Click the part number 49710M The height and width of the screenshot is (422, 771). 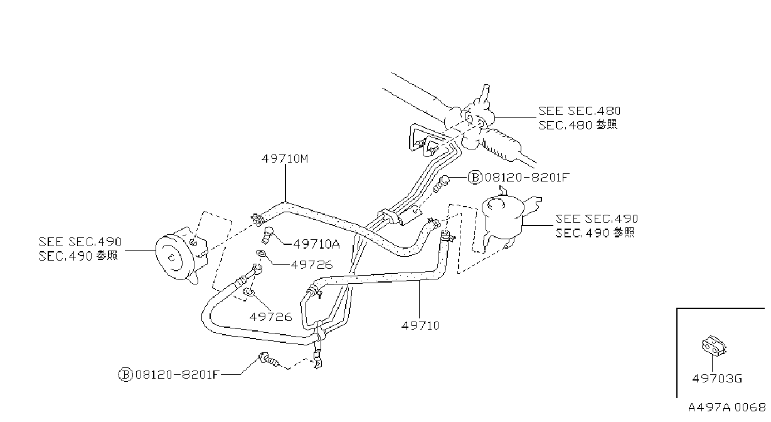click(x=285, y=159)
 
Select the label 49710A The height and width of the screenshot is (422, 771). click(x=316, y=244)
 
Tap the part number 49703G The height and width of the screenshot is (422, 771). click(x=717, y=379)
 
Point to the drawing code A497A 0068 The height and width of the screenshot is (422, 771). click(x=726, y=408)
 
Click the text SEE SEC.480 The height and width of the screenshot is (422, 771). click(x=579, y=111)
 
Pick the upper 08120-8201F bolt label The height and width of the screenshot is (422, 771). click(x=527, y=178)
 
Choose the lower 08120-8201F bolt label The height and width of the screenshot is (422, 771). click(x=178, y=374)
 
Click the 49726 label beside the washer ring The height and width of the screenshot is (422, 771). click(x=312, y=265)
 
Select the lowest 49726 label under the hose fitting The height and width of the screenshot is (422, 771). click(x=270, y=317)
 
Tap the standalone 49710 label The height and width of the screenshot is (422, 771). click(x=420, y=325)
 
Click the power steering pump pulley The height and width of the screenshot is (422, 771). click(x=171, y=257)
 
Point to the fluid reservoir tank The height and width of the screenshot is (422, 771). click(x=503, y=218)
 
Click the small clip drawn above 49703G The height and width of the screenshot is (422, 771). click(x=714, y=346)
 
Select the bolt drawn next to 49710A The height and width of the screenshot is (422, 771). click(x=268, y=235)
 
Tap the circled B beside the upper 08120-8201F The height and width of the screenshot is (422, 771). click(x=475, y=178)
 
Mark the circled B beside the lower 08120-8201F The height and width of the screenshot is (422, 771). click(x=125, y=375)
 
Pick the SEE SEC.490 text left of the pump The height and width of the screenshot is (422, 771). click(x=80, y=242)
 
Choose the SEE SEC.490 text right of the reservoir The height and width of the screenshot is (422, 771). click(x=597, y=219)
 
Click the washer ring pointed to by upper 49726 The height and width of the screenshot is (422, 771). click(x=260, y=254)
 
